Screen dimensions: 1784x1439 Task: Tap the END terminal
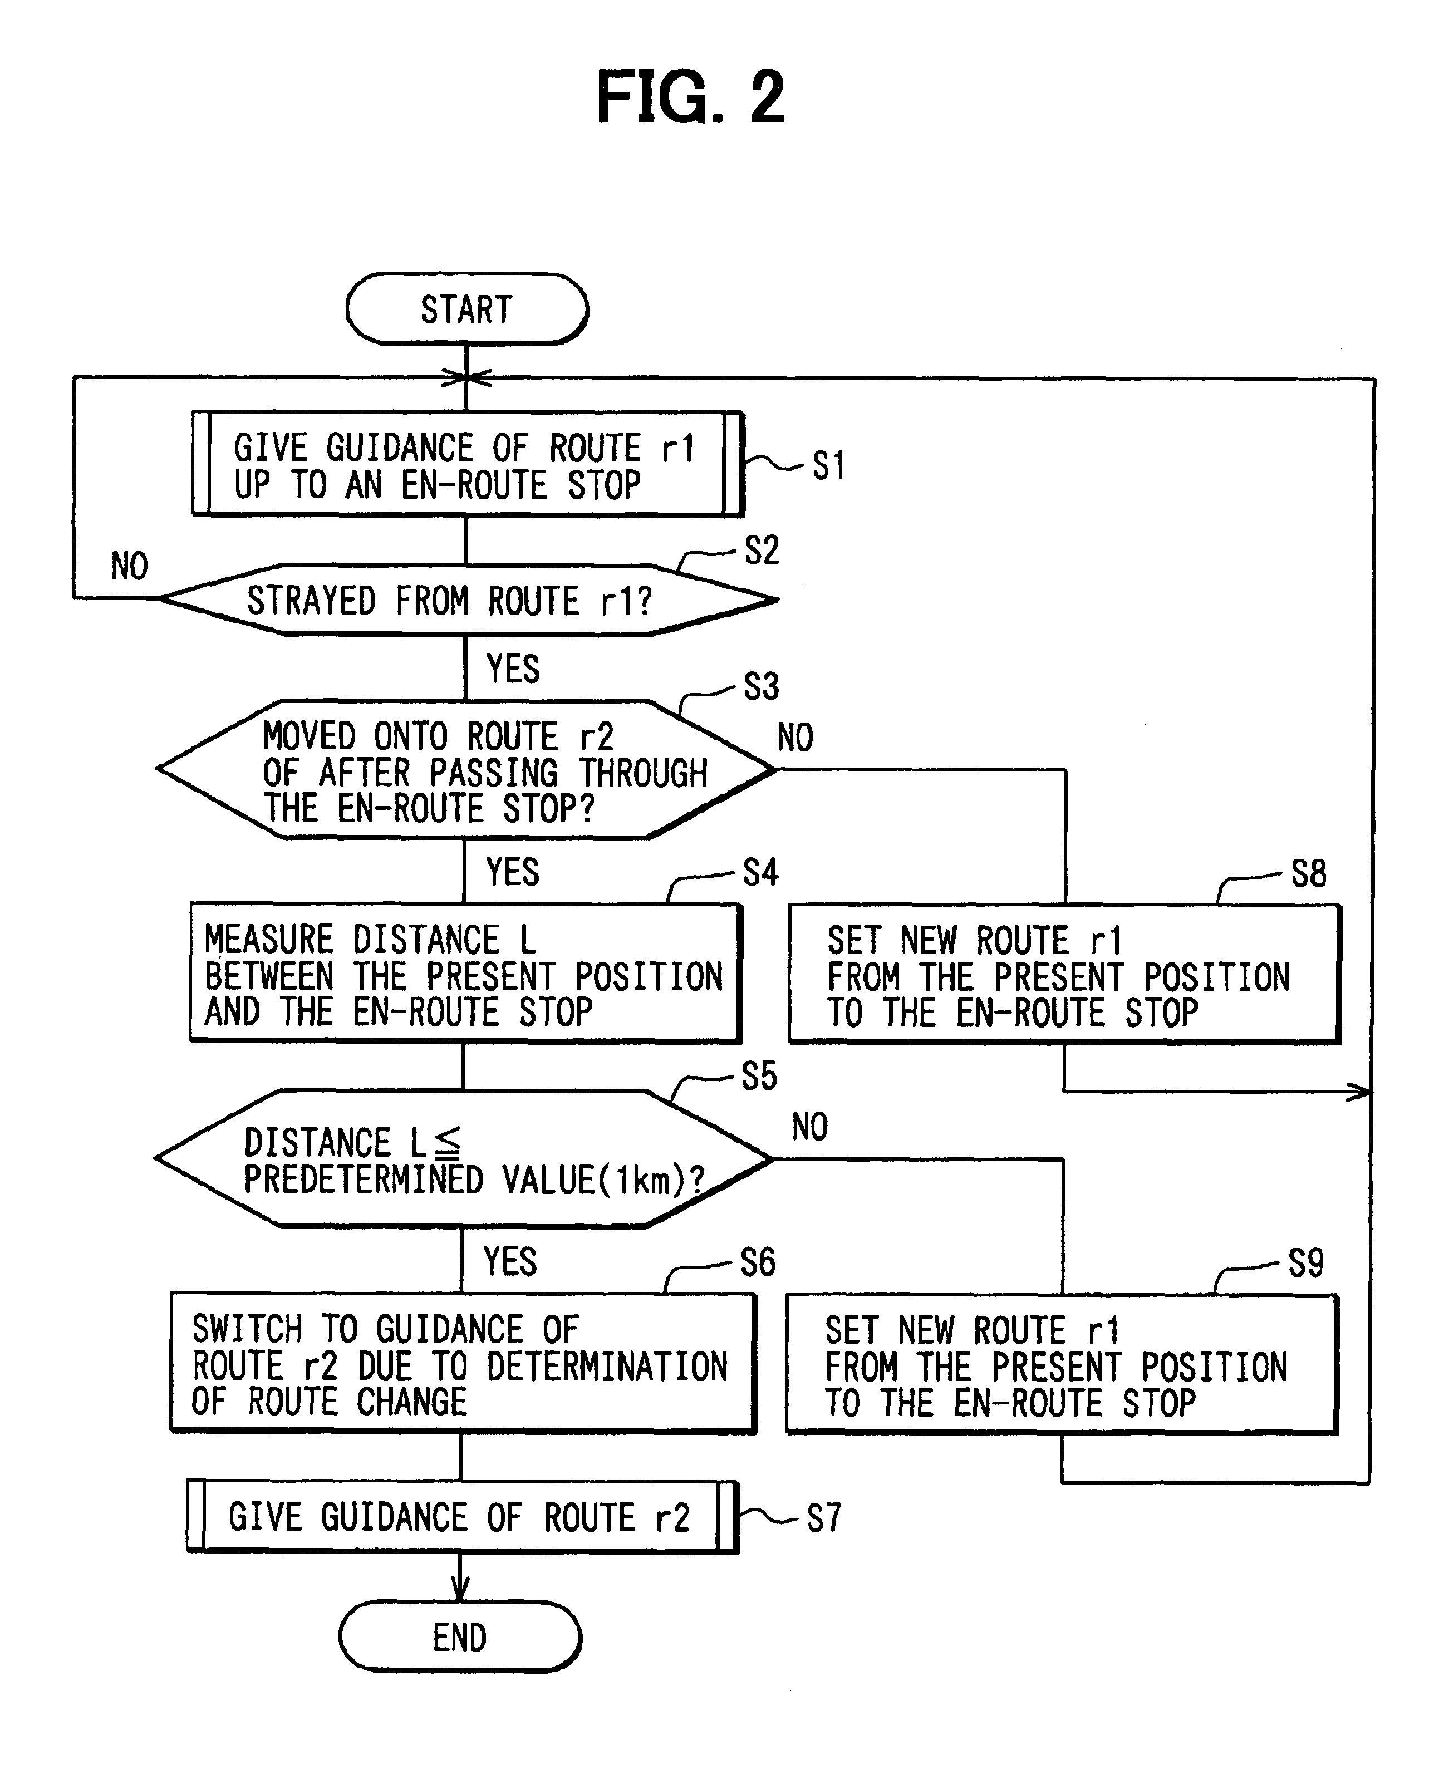[x=460, y=1637]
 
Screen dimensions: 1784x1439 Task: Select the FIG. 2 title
[x=690, y=98]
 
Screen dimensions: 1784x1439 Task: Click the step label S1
[x=828, y=466]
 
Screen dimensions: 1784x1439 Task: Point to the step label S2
[x=762, y=551]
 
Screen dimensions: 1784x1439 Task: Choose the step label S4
[x=760, y=873]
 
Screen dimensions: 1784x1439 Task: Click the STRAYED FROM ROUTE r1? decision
[x=466, y=600]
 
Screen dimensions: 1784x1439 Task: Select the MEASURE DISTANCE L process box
[x=464, y=973]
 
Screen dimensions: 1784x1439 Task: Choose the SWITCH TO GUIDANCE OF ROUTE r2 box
[x=463, y=1364]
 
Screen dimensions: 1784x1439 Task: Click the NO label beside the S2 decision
[x=129, y=566]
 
